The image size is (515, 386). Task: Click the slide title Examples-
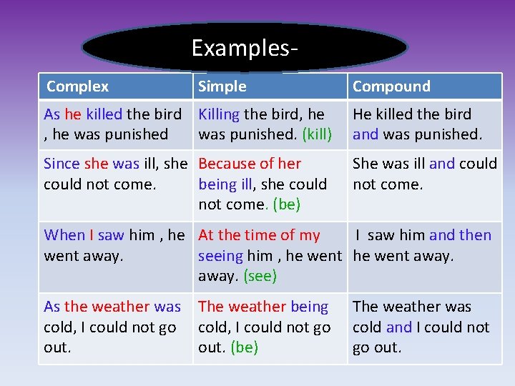245,48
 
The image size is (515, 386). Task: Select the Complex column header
77,86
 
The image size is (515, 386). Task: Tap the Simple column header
222,86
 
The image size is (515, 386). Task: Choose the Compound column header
391,86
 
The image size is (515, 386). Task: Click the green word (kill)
317,134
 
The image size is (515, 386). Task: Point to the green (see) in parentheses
260,276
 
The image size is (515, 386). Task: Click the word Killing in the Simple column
219,114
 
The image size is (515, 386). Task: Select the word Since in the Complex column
62,164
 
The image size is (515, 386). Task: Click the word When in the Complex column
64,235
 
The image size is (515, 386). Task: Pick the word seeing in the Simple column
221,256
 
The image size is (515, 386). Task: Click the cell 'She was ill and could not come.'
424,174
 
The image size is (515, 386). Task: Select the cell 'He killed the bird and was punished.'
417,124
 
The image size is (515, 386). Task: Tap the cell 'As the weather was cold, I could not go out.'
112,327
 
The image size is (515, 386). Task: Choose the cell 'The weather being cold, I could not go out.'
265,327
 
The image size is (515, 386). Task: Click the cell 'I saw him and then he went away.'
422,245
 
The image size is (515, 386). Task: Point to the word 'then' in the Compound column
475,235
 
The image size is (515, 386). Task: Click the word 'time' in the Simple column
261,235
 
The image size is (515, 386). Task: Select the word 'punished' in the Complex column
137,134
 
